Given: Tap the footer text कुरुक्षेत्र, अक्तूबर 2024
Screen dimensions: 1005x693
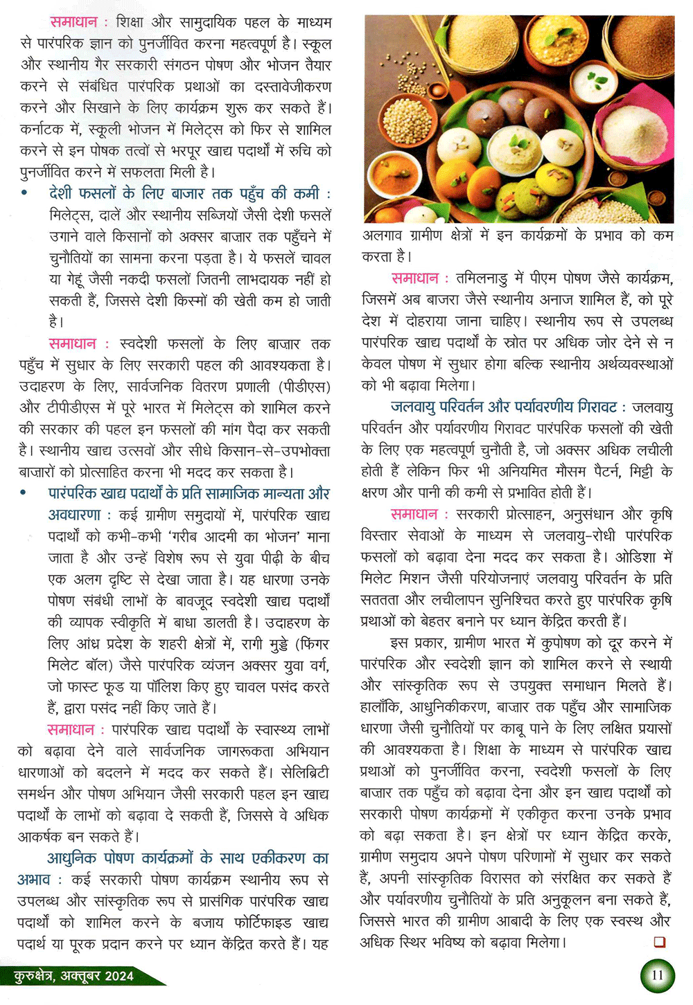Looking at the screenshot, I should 73,976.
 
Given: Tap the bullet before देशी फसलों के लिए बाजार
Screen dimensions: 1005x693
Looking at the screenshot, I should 24,194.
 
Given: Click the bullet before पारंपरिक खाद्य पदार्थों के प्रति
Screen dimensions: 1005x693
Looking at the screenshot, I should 24,494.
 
